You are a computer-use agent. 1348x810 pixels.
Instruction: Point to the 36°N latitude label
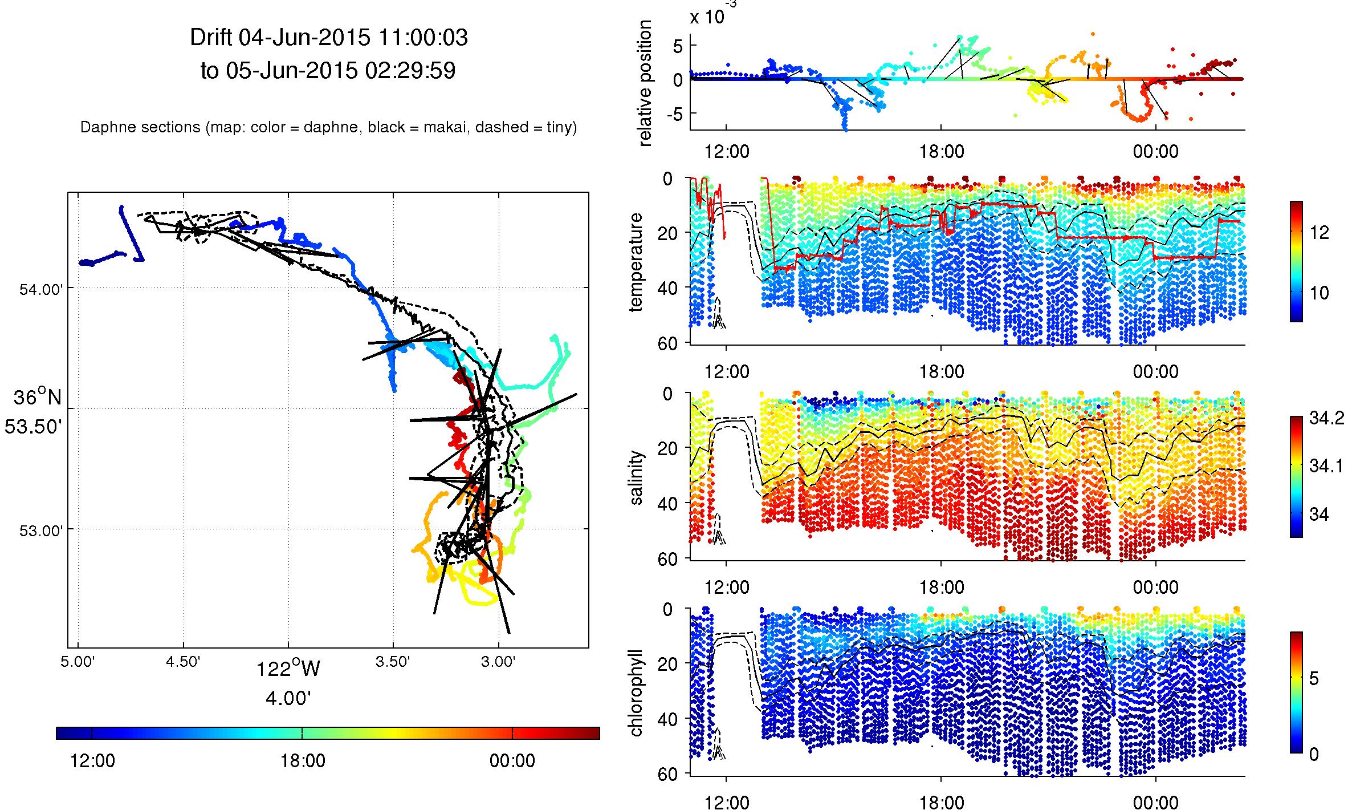(38, 396)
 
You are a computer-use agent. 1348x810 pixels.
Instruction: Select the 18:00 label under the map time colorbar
(302, 761)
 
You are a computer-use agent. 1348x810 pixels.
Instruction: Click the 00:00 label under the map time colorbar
(512, 761)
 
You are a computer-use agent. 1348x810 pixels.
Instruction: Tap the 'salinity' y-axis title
(636, 478)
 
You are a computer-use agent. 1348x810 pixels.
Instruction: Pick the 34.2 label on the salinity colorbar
(1326, 420)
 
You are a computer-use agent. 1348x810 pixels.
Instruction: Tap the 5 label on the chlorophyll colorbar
(1314, 679)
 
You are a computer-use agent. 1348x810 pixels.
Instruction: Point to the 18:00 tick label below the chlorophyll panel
(941, 802)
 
